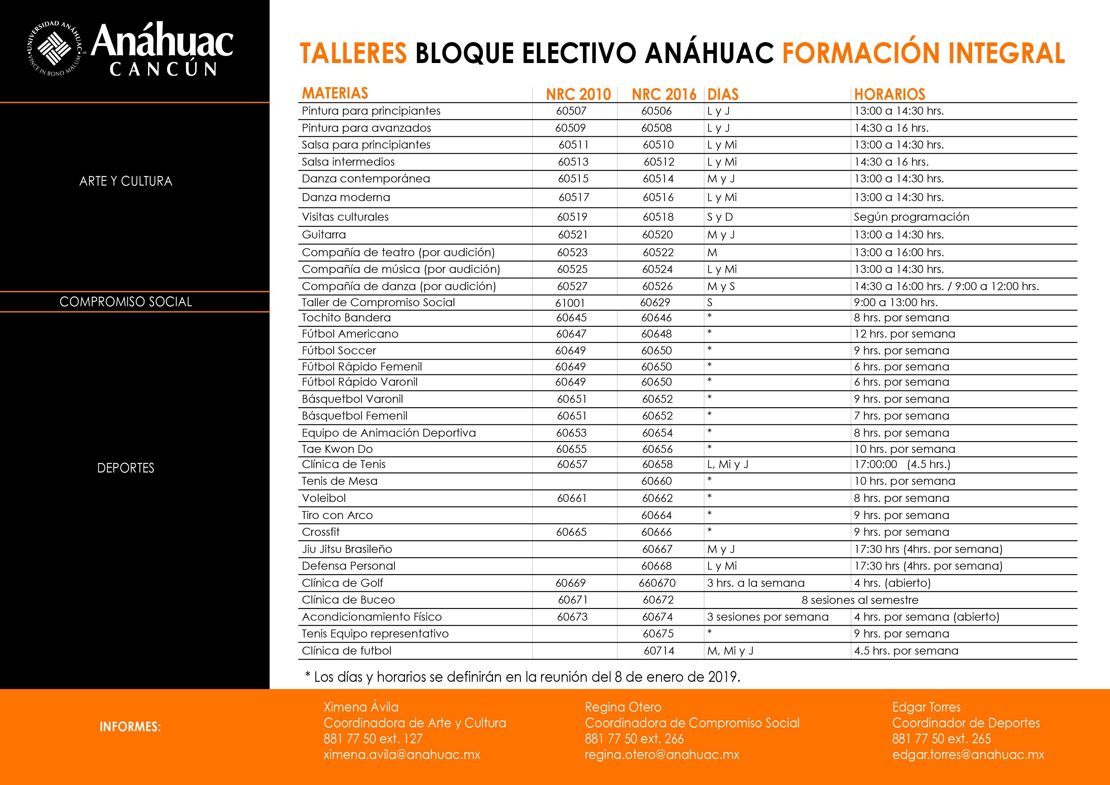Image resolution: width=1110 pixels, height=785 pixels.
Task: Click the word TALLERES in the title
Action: click(353, 53)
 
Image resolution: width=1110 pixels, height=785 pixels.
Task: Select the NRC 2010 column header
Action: click(578, 94)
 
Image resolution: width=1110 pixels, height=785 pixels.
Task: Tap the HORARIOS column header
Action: click(889, 94)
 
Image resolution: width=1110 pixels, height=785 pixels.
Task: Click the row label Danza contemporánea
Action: click(365, 179)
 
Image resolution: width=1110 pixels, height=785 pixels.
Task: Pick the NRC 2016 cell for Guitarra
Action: click(658, 235)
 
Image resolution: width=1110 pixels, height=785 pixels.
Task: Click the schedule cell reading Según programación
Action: click(911, 217)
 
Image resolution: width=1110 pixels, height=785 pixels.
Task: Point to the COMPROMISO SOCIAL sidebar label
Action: click(126, 302)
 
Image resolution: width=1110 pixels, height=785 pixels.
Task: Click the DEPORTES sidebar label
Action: click(126, 468)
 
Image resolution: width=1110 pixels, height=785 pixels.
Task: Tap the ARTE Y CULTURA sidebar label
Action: click(126, 181)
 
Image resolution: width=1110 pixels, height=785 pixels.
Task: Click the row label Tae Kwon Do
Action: click(337, 449)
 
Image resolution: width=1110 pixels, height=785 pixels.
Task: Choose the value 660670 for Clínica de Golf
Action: click(657, 583)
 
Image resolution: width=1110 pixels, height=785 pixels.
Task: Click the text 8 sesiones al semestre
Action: click(860, 600)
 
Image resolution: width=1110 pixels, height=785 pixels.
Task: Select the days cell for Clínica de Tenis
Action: click(727, 464)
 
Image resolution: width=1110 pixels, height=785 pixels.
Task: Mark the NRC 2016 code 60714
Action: click(658, 650)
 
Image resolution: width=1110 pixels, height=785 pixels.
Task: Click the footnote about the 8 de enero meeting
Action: click(522, 677)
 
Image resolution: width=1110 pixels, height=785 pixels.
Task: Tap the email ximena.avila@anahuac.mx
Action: click(402, 755)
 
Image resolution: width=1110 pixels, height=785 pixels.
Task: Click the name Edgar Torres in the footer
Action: click(926, 707)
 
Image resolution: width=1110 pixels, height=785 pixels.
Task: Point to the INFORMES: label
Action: click(130, 726)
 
